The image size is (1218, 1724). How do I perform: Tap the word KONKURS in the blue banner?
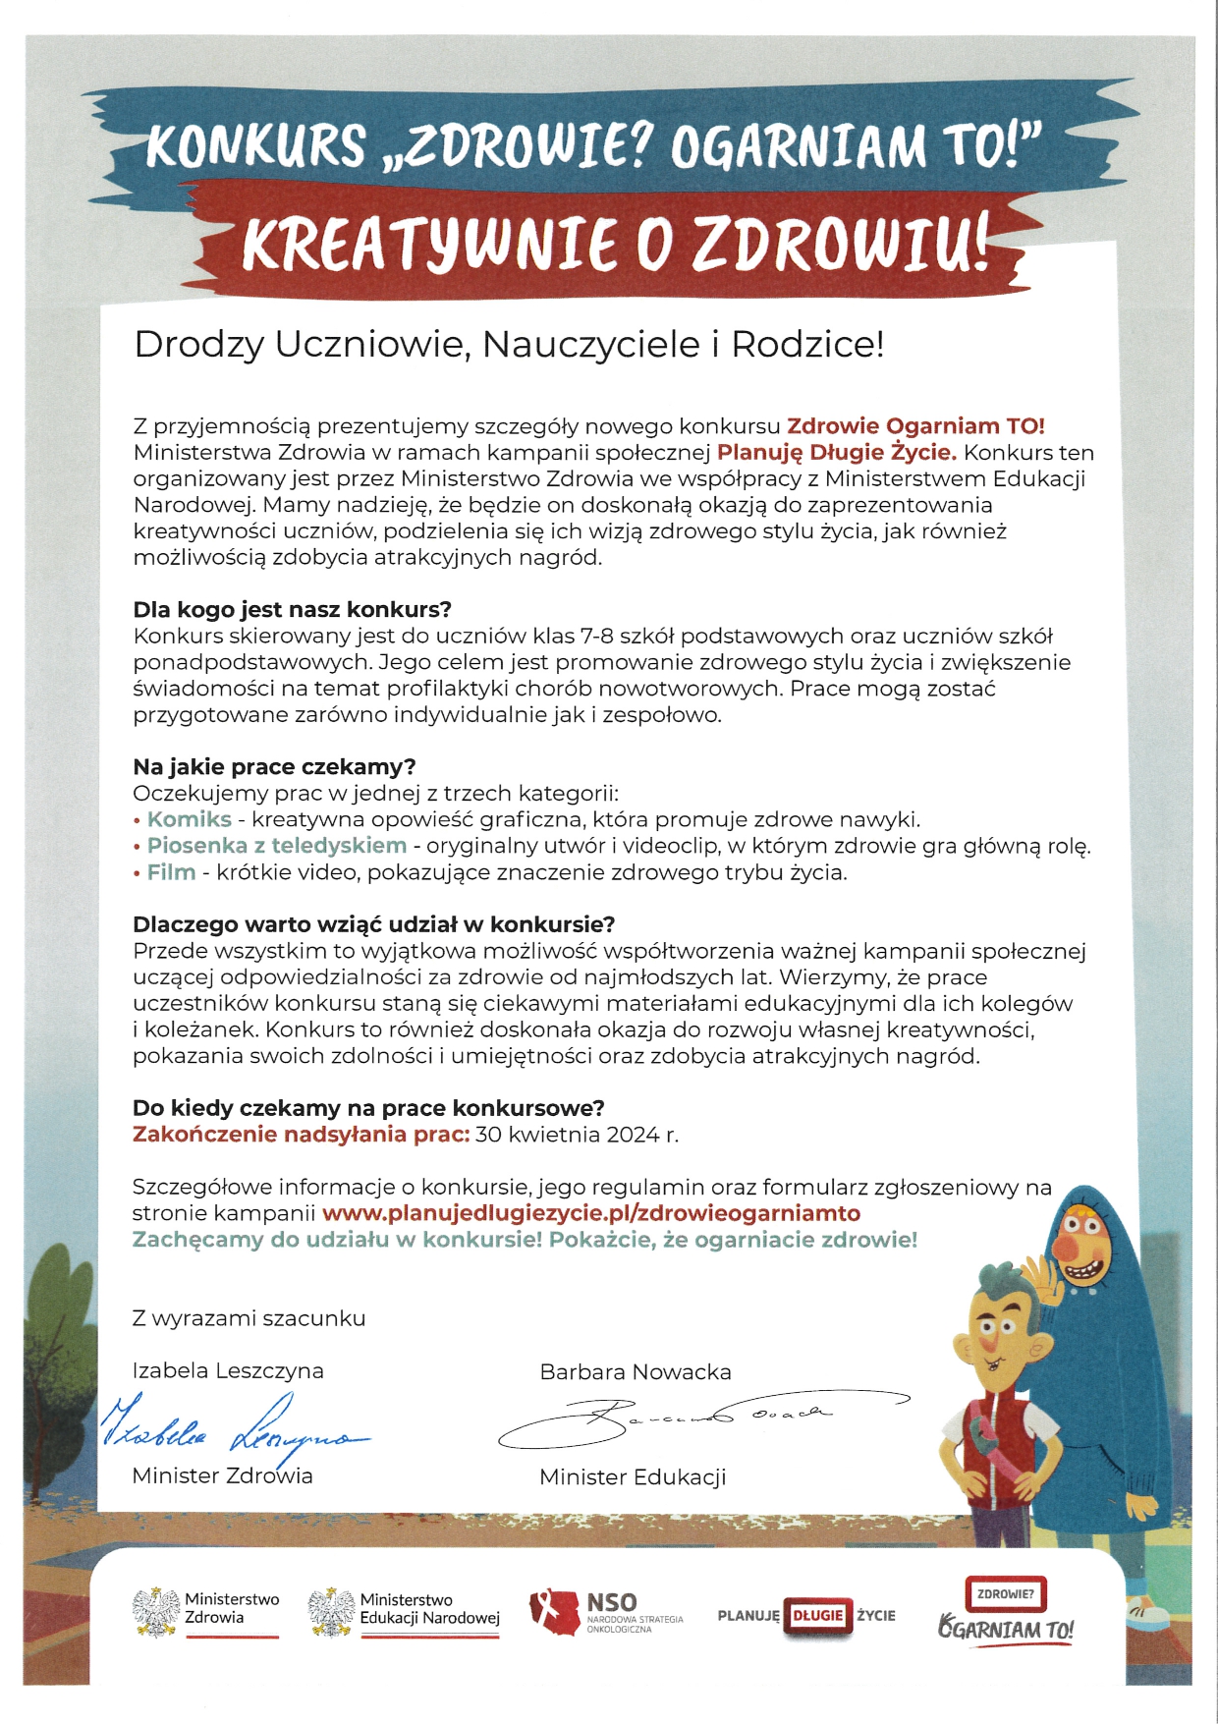(255, 144)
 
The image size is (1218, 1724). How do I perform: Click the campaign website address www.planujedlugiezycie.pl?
(590, 1213)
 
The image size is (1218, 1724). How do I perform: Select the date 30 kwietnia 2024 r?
(577, 1135)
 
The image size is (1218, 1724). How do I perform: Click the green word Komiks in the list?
(190, 819)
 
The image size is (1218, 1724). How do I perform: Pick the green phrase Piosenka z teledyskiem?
(276, 846)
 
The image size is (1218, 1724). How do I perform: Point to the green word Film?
(171, 872)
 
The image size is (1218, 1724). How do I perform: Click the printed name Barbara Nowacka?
(636, 1372)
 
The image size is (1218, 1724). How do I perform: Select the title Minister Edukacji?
(633, 1477)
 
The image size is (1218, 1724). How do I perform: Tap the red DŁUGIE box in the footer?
(818, 1615)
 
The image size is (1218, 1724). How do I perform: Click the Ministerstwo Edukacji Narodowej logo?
(404, 1612)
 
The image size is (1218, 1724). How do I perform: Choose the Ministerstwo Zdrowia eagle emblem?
(154, 1612)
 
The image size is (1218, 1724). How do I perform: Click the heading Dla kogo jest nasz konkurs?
(292, 609)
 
